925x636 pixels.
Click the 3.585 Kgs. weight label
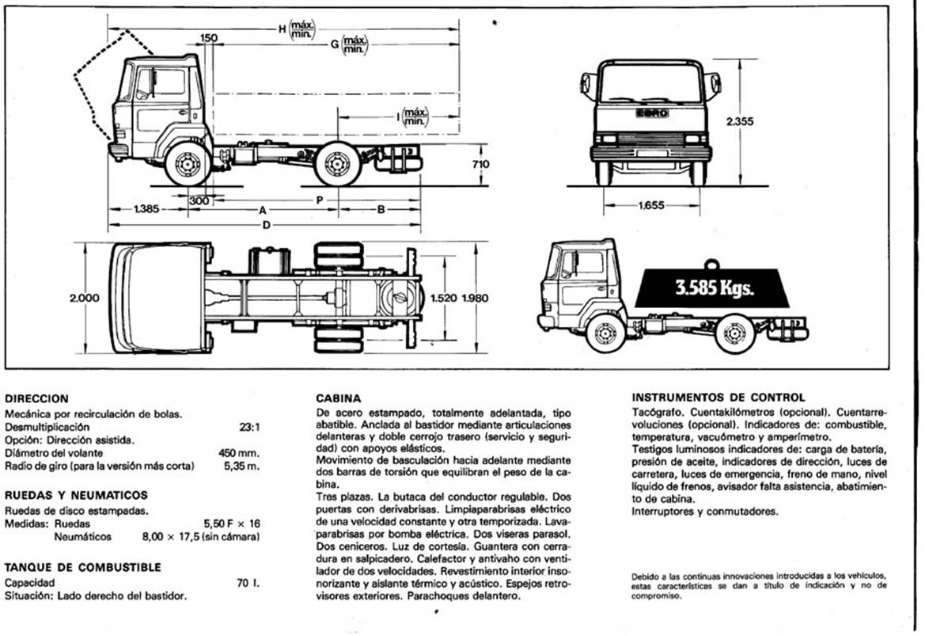pos(715,288)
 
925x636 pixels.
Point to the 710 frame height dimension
pos(480,165)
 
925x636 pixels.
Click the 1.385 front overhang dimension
pos(146,210)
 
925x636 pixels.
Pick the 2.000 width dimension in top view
pos(85,298)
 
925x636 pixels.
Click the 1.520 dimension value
pos(445,298)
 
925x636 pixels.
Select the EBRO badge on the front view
pos(652,113)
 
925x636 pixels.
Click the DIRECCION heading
pos(36,398)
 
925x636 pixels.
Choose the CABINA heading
pos(339,398)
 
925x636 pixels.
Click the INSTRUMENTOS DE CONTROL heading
pos(718,397)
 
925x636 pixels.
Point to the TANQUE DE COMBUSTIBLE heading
pos(82,567)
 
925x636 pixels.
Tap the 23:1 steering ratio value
pos(249,426)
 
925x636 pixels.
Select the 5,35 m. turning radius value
pos(245,466)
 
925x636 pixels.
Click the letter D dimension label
pos(267,226)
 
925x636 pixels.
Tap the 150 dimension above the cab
pos(209,38)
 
